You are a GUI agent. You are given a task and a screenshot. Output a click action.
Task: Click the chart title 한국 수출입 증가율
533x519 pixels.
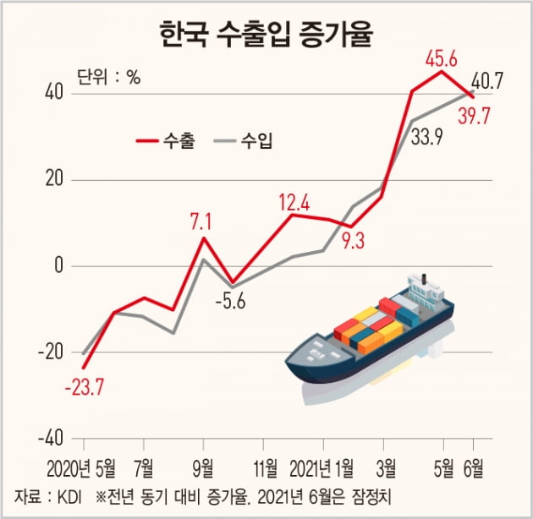point(267,36)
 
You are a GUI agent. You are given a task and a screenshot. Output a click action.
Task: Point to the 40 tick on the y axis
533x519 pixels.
point(54,93)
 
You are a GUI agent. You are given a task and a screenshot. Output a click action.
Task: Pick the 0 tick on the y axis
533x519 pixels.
point(58,266)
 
